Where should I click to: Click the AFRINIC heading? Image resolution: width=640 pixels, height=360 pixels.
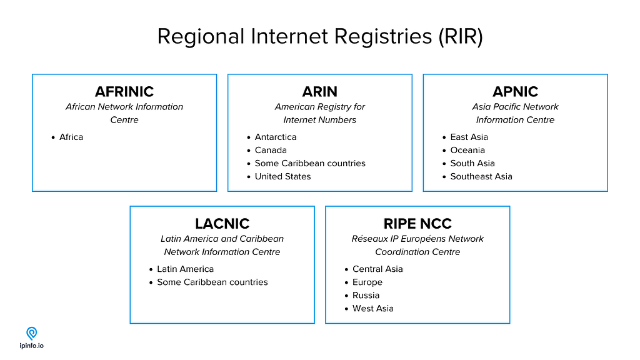pyautogui.click(x=124, y=92)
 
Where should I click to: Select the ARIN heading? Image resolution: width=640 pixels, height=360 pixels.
pyautogui.click(x=319, y=92)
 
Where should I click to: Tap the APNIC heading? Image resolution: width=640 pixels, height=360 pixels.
pyautogui.click(x=515, y=92)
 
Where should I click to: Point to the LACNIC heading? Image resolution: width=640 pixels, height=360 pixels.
pyautogui.click(x=222, y=224)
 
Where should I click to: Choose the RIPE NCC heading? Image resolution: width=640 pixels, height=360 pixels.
pyautogui.click(x=417, y=224)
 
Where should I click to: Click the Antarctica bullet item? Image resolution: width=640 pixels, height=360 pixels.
pyautogui.click(x=276, y=137)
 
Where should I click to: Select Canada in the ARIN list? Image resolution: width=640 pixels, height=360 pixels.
pyautogui.click(x=271, y=150)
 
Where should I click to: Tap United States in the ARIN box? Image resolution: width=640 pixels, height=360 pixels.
pyautogui.click(x=282, y=176)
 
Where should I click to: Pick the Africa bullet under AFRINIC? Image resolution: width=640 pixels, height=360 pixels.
pyautogui.click(x=71, y=137)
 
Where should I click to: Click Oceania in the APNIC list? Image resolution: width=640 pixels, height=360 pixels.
pyautogui.click(x=467, y=150)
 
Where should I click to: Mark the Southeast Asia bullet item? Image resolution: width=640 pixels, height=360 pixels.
pyautogui.click(x=481, y=176)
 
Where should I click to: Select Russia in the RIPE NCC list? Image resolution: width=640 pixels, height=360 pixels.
pyautogui.click(x=366, y=295)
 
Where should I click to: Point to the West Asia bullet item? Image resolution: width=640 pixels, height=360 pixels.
pyautogui.click(x=373, y=308)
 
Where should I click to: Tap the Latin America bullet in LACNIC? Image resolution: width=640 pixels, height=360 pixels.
pyautogui.click(x=185, y=269)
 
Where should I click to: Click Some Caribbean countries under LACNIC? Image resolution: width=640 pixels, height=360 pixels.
pyautogui.click(x=212, y=282)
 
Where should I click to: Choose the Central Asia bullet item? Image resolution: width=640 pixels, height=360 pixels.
pyautogui.click(x=377, y=269)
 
